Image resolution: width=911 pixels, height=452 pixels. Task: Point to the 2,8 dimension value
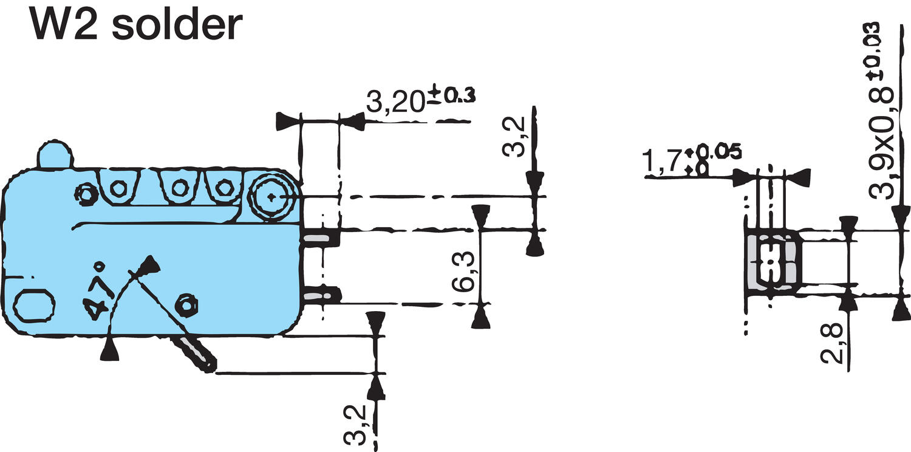click(x=833, y=344)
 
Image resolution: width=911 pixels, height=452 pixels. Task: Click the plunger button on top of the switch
click(x=55, y=154)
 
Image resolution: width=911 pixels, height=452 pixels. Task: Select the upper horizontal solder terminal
click(x=319, y=238)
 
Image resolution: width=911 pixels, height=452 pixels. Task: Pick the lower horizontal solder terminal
click(x=320, y=296)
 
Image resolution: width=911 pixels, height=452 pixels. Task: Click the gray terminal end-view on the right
click(x=770, y=261)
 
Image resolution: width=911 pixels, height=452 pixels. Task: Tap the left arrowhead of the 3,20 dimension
click(x=289, y=122)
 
